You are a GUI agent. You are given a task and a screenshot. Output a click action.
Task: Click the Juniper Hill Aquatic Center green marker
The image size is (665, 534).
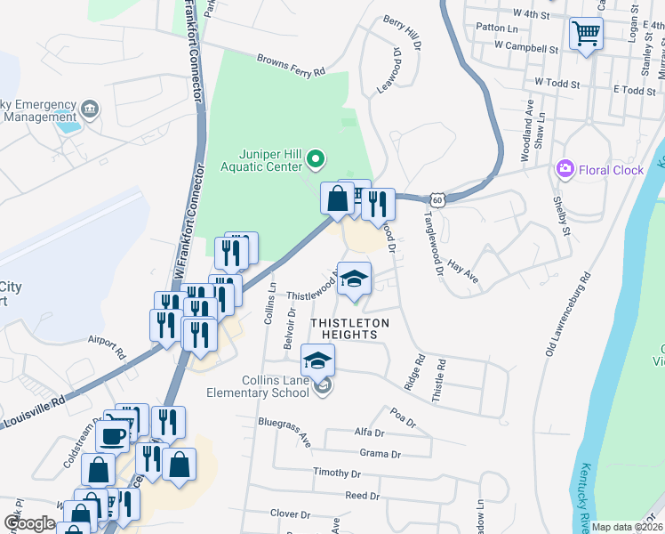314,160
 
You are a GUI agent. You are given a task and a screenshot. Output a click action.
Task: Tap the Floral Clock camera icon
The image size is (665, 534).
564,169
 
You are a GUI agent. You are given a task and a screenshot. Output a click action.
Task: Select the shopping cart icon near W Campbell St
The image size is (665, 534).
585,35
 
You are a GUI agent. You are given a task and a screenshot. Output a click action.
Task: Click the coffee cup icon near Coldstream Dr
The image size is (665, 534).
114,436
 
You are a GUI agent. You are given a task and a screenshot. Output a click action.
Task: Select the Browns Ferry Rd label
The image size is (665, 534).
292,67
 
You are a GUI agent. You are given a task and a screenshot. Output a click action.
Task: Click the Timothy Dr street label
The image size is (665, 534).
337,473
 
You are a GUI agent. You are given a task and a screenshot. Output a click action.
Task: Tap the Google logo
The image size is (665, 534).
29,523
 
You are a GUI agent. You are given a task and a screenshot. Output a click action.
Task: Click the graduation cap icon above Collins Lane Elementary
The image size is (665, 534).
317,360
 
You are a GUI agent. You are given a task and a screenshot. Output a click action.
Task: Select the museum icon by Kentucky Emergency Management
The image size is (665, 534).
89,109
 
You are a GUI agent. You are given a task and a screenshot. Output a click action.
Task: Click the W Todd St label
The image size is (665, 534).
557,83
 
